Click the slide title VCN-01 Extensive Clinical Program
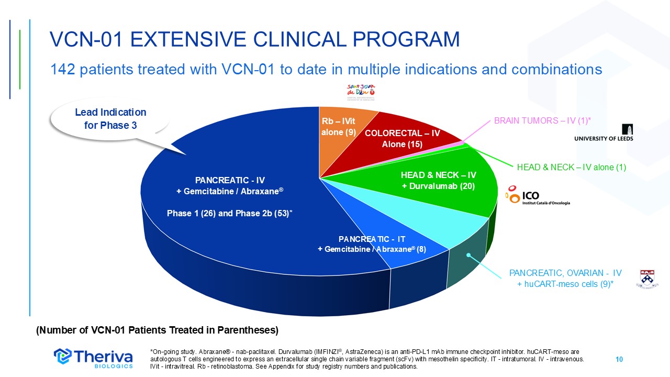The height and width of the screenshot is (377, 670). pos(254,39)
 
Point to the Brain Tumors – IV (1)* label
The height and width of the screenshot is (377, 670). pos(542,121)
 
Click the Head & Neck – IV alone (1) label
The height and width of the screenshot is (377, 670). pos(572,167)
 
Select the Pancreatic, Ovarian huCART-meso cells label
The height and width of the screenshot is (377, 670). pos(565,278)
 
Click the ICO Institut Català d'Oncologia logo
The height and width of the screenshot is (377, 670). pos(538,197)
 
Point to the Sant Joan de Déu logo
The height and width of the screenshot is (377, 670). pos(362,92)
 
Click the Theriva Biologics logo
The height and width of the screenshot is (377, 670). pos(94,357)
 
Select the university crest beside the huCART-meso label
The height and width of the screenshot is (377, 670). pos(647,279)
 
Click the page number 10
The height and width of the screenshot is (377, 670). pos(619,359)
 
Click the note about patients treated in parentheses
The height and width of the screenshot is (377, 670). pos(157,330)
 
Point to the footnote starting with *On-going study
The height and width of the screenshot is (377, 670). pos(366,359)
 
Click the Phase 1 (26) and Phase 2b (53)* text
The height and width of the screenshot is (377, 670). pos(229,214)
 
